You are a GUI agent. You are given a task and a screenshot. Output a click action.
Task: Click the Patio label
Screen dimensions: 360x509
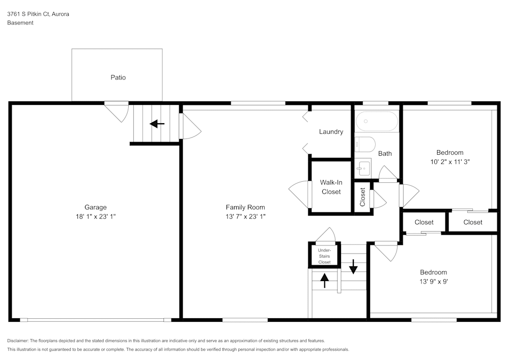118,77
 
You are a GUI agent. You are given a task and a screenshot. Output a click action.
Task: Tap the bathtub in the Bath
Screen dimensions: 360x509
377,122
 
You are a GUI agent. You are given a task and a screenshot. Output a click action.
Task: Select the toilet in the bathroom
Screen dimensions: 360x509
364,144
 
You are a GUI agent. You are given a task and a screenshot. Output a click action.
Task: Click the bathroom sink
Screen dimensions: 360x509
363,167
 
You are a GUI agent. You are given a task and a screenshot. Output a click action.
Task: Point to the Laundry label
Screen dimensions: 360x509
331,132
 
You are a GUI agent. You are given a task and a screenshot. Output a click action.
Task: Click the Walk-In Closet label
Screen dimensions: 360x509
330,187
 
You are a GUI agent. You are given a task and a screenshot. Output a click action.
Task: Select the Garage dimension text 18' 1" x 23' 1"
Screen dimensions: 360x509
96,216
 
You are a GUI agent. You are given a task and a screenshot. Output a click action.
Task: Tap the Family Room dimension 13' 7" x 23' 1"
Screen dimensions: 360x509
245,216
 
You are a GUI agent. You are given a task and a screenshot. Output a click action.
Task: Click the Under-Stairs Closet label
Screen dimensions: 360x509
324,256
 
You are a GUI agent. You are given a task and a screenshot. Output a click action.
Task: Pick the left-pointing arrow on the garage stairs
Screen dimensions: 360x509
157,123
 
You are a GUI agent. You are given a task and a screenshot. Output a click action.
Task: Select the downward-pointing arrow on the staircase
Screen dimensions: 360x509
353,267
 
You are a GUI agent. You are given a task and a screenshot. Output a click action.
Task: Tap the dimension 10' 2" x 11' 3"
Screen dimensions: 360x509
450,162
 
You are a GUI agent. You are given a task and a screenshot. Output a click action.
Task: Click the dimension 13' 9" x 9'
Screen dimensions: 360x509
433,281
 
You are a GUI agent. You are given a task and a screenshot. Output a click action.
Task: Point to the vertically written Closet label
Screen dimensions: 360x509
363,197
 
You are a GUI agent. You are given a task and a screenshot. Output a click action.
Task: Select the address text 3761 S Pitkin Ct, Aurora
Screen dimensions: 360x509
38,14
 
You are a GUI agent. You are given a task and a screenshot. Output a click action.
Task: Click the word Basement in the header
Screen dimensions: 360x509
20,23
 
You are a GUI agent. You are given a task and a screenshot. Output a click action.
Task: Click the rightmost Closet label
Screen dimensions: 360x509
473,222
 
